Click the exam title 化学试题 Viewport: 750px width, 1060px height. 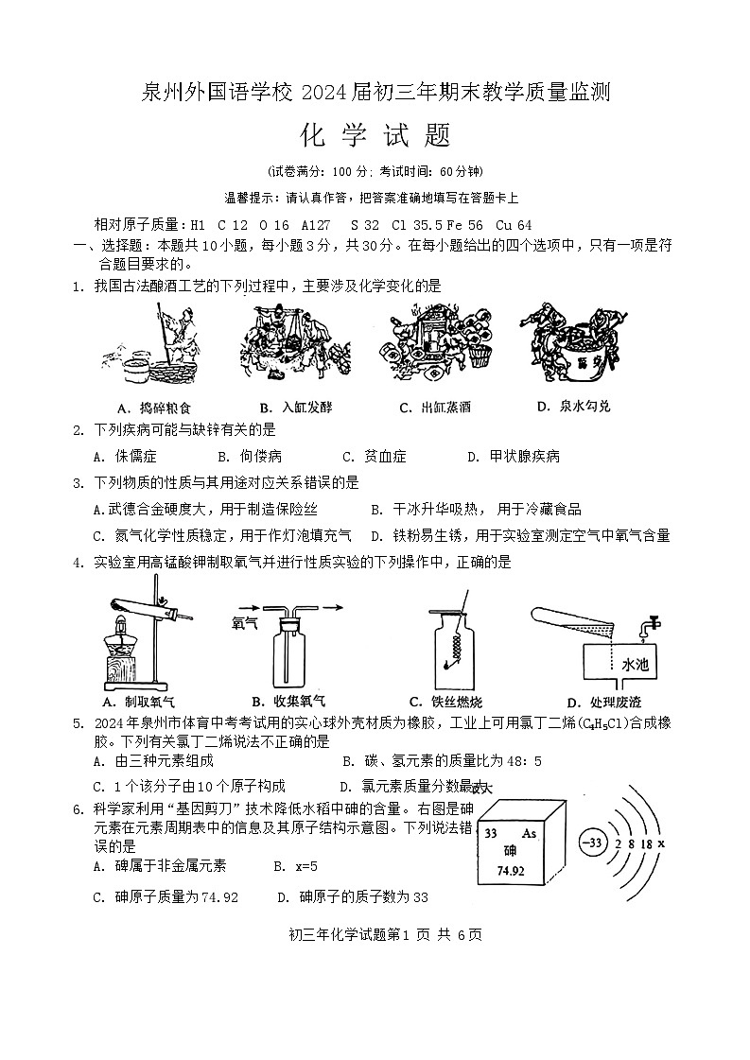click(375, 137)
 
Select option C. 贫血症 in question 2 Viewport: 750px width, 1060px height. click(374, 457)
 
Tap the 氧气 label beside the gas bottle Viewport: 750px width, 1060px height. click(245, 623)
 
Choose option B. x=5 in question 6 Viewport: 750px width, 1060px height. click(295, 866)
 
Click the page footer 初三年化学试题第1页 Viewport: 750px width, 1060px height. click(375, 935)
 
